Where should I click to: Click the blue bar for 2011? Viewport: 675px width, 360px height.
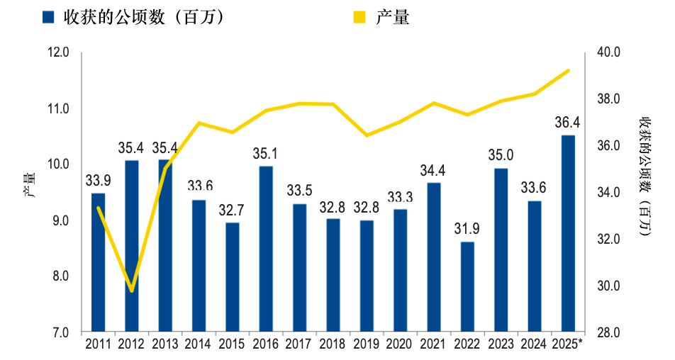pos(98,262)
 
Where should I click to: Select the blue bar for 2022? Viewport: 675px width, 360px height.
pos(467,287)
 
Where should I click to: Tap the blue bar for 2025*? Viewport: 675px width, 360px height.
pos(568,234)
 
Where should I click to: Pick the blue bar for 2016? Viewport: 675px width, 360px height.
pos(266,249)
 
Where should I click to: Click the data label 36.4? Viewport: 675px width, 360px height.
pos(568,123)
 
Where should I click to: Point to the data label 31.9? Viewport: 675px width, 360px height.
pos(467,230)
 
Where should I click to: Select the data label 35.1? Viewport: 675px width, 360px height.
pos(266,154)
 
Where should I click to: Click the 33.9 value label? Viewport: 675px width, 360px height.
pos(98,181)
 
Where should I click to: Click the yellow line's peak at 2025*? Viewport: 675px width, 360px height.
pos(568,70)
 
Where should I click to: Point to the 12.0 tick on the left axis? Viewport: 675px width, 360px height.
pos(59,52)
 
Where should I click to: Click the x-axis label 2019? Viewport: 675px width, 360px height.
pos(367,344)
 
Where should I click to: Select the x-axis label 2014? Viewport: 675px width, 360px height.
pos(199,344)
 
